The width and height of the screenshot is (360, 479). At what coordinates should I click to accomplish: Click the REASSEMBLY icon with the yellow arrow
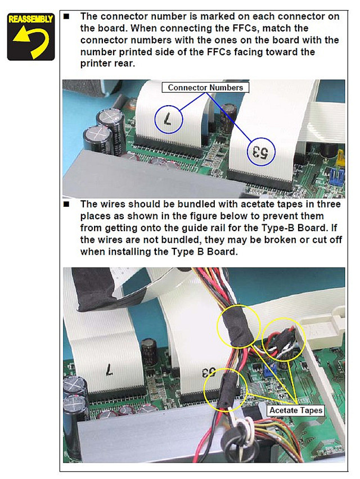[x=31, y=37]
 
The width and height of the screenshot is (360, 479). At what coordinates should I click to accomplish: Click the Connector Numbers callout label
[x=205, y=87]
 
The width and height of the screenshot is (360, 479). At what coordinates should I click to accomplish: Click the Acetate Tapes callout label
[x=296, y=410]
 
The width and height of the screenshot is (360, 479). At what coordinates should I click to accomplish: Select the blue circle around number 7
[x=168, y=119]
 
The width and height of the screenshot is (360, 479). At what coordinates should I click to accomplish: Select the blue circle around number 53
[x=261, y=152]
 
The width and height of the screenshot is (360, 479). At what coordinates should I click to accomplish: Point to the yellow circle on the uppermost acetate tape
[x=238, y=326]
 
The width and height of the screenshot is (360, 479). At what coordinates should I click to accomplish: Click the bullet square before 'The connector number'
[x=66, y=16]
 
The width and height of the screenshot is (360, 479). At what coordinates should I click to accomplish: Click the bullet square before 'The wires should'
[x=66, y=204]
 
